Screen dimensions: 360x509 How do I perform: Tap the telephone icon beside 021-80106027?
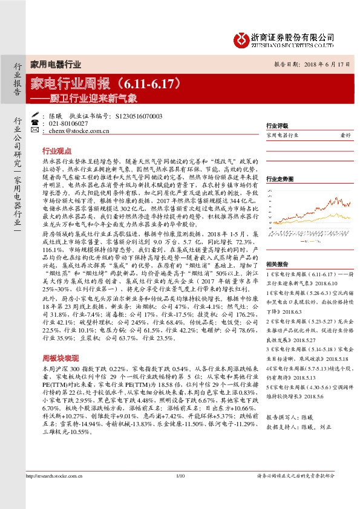coord(35,123)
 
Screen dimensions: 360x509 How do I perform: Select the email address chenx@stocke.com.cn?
coord(78,131)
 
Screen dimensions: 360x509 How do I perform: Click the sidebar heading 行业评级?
coord(277,126)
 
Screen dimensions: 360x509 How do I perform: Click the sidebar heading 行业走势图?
coord(279,178)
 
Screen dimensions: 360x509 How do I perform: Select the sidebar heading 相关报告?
coord(277,264)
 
